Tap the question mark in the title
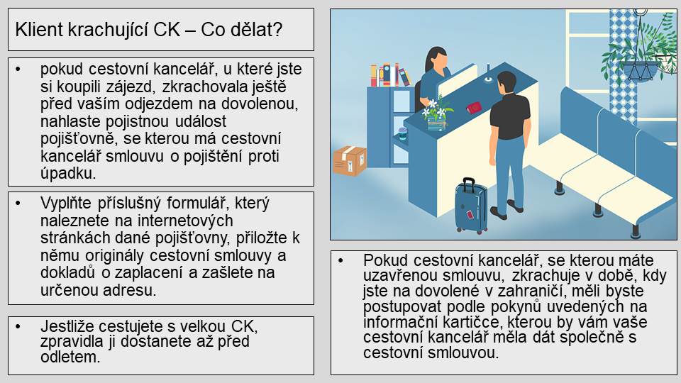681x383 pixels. coord(277,30)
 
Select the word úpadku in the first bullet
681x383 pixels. coord(68,173)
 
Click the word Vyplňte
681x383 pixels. coord(65,204)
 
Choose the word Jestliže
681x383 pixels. coord(67,326)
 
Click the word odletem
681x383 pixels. coord(70,357)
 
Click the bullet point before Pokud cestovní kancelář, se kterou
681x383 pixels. coord(340,260)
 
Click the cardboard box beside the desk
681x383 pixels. coord(350,161)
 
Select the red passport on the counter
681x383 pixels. coord(474,107)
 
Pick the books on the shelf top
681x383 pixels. coord(389,76)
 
